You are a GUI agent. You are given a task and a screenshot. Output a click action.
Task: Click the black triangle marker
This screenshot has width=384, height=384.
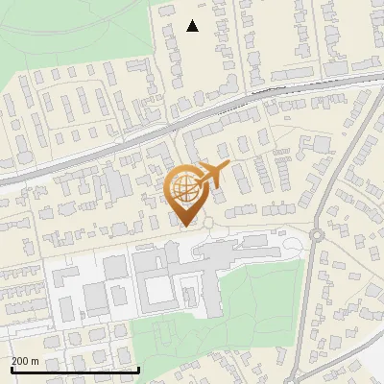click(192, 26)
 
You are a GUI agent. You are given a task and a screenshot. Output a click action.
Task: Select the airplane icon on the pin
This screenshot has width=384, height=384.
click(213, 176)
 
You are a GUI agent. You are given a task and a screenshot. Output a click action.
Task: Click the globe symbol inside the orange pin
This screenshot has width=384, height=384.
click(185, 188)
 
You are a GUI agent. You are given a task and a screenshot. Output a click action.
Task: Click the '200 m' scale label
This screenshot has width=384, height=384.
click(25, 362)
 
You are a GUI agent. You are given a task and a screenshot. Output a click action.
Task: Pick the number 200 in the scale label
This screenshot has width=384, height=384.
click(21, 362)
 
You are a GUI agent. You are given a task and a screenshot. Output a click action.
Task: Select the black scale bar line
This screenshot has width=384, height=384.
click(75, 370)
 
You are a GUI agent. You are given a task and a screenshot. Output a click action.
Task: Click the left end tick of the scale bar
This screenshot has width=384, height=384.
click(12, 369)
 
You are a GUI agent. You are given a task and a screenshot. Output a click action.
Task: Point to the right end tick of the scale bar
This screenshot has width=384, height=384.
click(139, 369)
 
